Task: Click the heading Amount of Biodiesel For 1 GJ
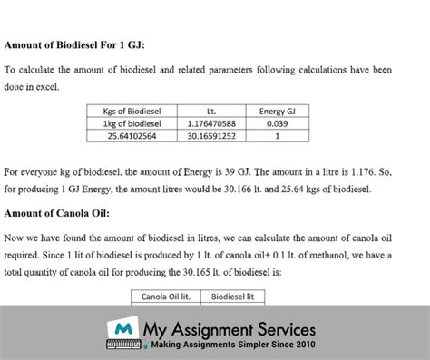point(74,44)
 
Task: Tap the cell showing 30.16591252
point(210,136)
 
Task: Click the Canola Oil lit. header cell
point(169,296)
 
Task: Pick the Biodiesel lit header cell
point(233,296)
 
